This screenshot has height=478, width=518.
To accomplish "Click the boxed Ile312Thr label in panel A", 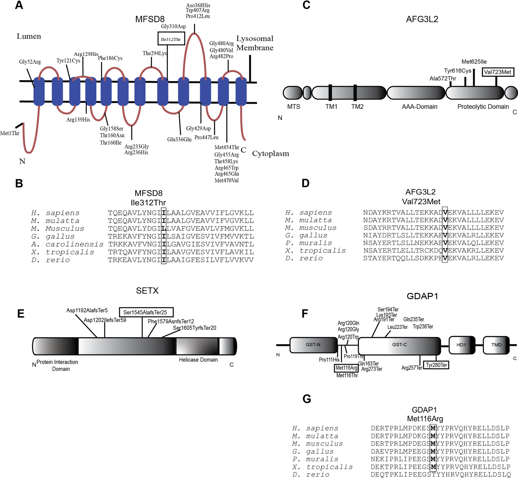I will [171, 39].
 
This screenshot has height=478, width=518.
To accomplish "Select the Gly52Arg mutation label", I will [30, 62].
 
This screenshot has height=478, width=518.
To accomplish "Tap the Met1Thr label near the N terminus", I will [10, 133].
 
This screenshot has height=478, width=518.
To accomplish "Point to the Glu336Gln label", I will [179, 140].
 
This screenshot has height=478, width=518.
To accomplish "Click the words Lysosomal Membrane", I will [255, 43].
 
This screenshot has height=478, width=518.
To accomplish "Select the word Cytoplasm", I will [270, 154].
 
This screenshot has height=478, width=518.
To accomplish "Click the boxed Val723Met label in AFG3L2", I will [498, 72].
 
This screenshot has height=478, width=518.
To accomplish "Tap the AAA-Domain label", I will [419, 106].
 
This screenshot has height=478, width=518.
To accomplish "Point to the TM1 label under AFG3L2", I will [331, 106].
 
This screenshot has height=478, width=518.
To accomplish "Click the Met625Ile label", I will [474, 62].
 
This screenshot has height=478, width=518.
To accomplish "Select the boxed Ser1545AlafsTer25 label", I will [146, 312].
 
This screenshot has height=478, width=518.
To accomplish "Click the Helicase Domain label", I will [198, 360].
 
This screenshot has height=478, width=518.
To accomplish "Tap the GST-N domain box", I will [313, 345].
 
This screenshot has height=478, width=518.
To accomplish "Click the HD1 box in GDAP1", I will [461, 345].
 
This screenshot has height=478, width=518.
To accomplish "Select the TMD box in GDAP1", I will [496, 345].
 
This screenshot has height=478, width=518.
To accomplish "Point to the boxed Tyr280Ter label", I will [436, 365].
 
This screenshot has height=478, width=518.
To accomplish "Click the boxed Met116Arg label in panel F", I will [346, 368].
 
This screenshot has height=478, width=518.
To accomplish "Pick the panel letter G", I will [306, 399].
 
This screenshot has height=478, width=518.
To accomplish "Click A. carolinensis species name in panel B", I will [67, 244].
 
